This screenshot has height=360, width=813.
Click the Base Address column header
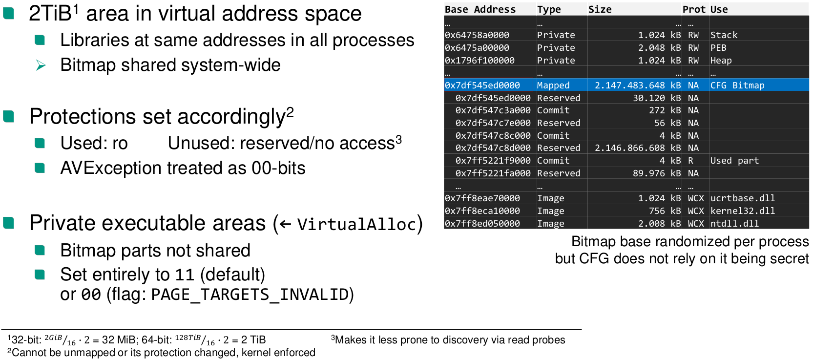[480, 9]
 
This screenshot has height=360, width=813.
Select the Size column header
[600, 9]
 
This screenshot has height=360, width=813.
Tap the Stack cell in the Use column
[724, 35]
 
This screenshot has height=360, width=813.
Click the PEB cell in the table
[718, 48]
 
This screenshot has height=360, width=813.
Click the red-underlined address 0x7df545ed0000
[482, 85]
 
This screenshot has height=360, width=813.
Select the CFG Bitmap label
[737, 85]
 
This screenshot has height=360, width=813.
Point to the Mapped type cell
[553, 85]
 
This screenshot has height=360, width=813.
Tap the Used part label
[734, 161]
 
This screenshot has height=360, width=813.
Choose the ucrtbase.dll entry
[742, 198]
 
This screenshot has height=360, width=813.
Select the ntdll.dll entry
[734, 224]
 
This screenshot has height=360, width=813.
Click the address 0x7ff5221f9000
[493, 161]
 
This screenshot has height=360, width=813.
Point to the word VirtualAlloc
[356, 224]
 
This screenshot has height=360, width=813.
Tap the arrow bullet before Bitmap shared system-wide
[41, 65]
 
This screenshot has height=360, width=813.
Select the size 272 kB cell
[665, 110]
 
